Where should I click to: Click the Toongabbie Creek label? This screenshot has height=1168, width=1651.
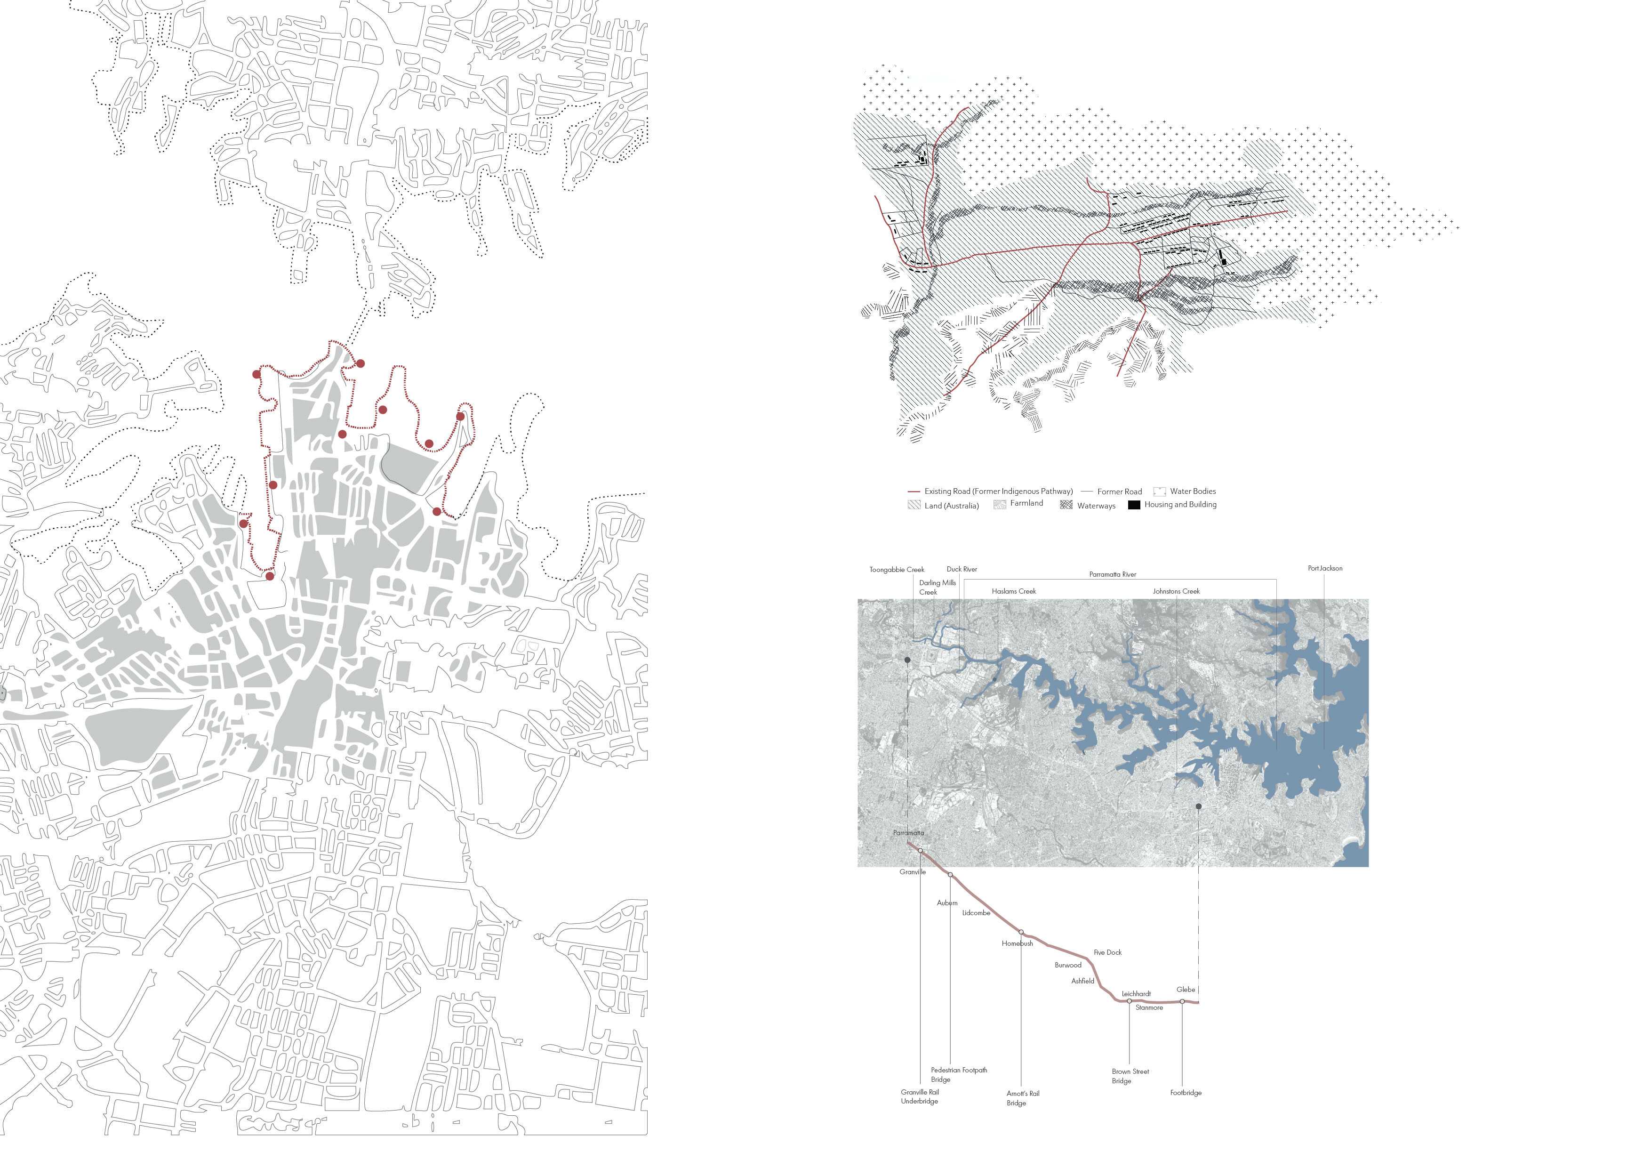897,570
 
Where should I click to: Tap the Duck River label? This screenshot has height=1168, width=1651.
962,569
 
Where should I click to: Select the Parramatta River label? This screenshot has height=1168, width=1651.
1113,575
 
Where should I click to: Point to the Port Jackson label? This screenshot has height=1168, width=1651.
1324,568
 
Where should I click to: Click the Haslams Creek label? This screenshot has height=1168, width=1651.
1014,591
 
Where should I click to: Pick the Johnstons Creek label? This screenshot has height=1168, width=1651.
1176,591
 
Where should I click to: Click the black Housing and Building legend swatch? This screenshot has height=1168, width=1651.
1133,505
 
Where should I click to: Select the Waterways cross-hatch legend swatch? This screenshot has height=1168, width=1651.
1066,505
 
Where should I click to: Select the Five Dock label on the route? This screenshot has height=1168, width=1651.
1107,952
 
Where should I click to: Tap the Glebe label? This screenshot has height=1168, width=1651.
1186,990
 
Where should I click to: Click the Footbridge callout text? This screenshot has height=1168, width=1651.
1185,1093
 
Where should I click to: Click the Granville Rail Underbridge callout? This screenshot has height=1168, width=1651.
920,1096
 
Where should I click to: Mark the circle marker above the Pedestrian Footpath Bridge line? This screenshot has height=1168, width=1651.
951,875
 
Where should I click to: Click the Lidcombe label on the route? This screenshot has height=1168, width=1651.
976,913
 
